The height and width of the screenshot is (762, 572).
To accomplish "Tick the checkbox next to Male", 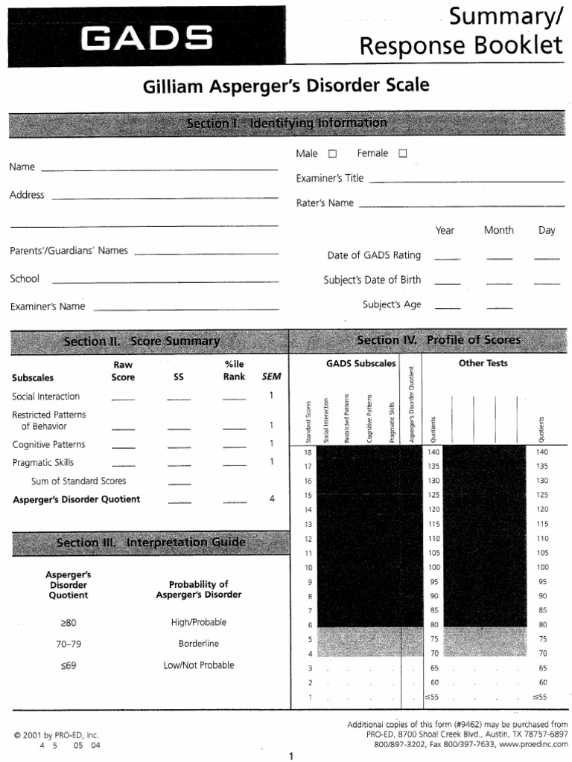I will [x=332, y=154].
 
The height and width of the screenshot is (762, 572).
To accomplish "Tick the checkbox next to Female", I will [x=403, y=154].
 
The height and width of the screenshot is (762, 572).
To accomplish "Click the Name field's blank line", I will [x=159, y=169].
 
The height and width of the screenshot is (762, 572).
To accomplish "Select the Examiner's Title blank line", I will [x=467, y=180].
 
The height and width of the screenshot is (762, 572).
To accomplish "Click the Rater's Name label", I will [x=325, y=203].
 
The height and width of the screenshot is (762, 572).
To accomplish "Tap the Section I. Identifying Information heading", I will [x=287, y=123].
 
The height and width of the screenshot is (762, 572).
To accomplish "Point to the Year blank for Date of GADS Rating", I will [x=447, y=257].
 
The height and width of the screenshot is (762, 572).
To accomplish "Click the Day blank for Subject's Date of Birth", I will [x=547, y=283].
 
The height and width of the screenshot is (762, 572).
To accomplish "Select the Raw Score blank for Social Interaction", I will [x=124, y=399].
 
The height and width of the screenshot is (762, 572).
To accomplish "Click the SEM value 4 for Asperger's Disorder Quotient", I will [x=272, y=499].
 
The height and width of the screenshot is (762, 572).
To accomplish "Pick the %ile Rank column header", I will [x=234, y=371].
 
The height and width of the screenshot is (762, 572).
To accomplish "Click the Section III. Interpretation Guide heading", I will [x=151, y=542].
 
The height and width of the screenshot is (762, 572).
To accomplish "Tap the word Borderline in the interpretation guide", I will [x=199, y=644].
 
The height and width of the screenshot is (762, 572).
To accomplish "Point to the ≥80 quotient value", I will [x=68, y=622].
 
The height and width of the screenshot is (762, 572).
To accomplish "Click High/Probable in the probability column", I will [x=199, y=622].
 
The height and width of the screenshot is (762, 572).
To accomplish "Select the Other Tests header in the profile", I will [x=483, y=363].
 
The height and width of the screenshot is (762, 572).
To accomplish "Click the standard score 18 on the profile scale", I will [x=309, y=452].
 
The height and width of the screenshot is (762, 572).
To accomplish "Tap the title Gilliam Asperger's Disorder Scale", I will [x=286, y=86].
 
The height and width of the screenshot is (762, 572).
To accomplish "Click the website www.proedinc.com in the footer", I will [x=530, y=745].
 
